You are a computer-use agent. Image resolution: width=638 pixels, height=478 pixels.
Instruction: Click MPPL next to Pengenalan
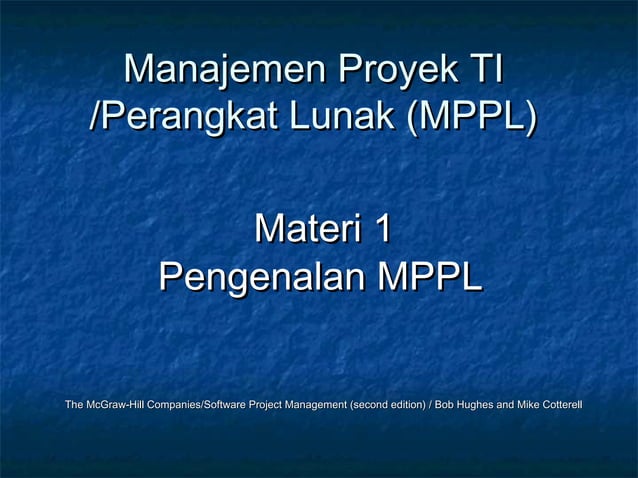429,275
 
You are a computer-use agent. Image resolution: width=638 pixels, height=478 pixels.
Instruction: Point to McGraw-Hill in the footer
114,405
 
